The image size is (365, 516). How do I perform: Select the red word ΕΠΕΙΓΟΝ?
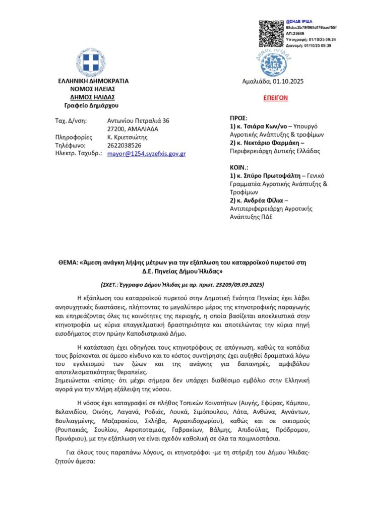tap(276, 98)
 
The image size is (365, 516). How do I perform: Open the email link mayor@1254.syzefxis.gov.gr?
tap(147, 154)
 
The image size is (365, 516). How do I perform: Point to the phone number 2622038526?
tap(125, 145)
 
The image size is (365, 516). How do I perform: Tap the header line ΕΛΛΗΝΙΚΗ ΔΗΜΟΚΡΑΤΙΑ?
tap(93, 81)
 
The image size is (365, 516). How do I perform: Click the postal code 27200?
tap(116, 129)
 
